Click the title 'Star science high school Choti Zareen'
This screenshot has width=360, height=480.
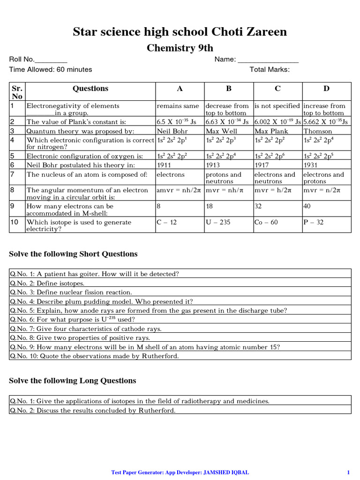pyautogui.click(x=180, y=32)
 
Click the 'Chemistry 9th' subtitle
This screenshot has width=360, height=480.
pyautogui.click(x=180, y=48)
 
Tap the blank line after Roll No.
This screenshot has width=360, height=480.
pyautogui.click(x=51, y=60)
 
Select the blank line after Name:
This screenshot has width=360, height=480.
pyautogui.click(x=268, y=60)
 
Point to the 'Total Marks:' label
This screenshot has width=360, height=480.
pyautogui.click(x=270, y=70)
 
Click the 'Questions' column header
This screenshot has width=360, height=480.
pyautogui.click(x=90, y=89)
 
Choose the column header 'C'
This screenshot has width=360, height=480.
pyautogui.click(x=277, y=89)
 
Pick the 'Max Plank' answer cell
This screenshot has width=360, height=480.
pyautogui.click(x=270, y=131)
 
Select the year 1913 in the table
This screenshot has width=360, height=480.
pyautogui.click(x=214, y=165)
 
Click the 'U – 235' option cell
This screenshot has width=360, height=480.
pyautogui.click(x=218, y=222)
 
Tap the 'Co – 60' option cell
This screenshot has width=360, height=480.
pyautogui.click(x=266, y=222)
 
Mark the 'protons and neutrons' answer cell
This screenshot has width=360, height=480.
pyautogui.click(x=224, y=178)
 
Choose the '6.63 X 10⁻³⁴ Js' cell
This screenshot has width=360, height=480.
pyautogui.click(x=227, y=122)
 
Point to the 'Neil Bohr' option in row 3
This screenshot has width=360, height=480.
pyautogui.click(x=171, y=131)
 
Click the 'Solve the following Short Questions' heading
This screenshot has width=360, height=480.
pyautogui.click(x=74, y=254)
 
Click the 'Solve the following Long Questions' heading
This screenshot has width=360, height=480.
pyautogui.click(x=73, y=381)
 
